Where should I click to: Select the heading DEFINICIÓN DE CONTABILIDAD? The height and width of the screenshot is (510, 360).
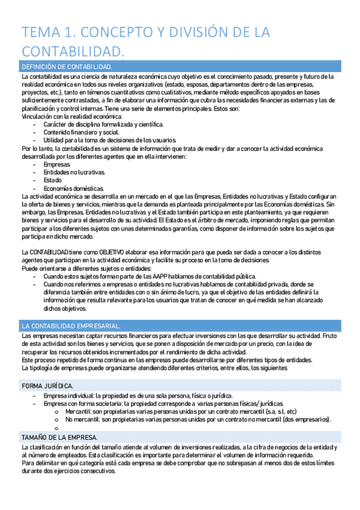[x=66, y=66]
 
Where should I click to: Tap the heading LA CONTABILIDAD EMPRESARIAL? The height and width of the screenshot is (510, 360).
[x=70, y=325]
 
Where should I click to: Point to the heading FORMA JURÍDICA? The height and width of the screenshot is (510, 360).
[x=47, y=385]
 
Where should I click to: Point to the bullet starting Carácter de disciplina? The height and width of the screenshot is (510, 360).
[x=95, y=124]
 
